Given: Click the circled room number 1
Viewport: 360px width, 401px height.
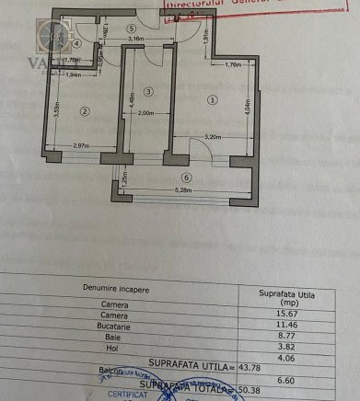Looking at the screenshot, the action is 214,100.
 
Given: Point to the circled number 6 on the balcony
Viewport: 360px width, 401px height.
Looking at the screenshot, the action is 186,178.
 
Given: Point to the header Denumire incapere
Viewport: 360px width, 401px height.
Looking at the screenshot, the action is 114,288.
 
